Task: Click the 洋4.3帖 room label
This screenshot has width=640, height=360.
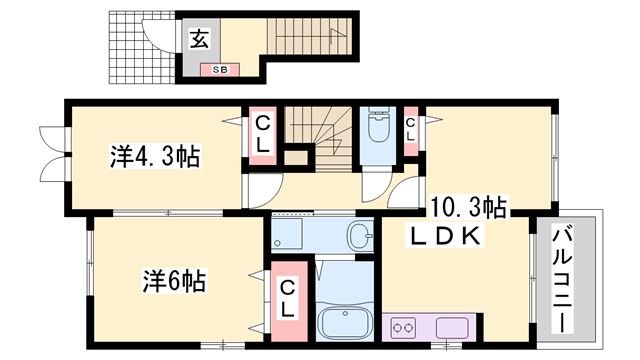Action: (154, 157)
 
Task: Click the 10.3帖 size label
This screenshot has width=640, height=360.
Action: (469, 208)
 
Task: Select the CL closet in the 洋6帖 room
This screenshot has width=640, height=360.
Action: (287, 298)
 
